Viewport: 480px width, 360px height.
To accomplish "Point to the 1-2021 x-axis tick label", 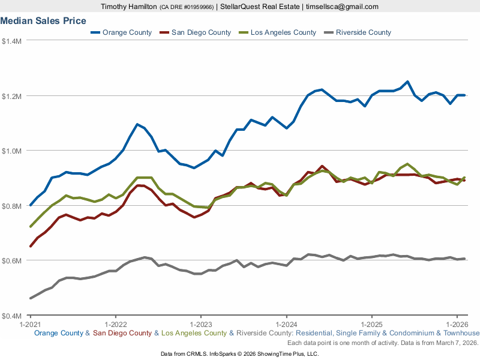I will coord(30,325).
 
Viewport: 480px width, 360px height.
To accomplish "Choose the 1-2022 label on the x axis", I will coord(115,325).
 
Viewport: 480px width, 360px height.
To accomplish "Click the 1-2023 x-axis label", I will coord(200,325).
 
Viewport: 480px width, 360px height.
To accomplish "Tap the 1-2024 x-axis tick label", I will coord(286,325).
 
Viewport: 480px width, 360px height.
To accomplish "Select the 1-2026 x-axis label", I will coord(457,325).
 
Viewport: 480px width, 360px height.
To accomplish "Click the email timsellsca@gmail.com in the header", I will coord(342,7).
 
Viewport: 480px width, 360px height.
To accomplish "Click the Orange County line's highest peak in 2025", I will coord(407,82).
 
